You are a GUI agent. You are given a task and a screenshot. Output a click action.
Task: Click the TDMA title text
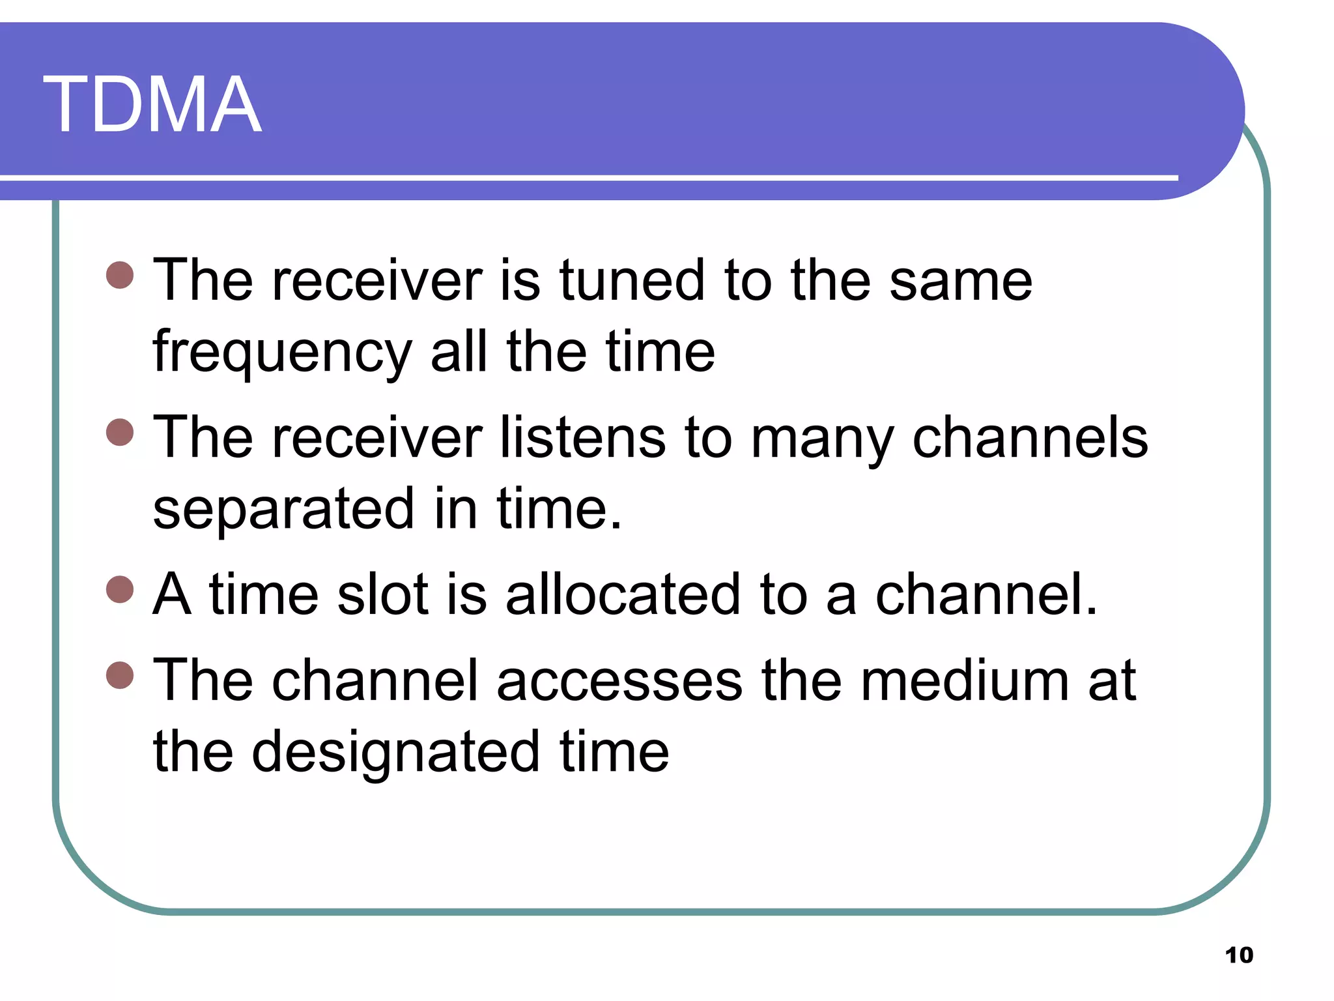coord(152,104)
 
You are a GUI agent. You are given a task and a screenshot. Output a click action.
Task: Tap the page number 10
coord(1239,955)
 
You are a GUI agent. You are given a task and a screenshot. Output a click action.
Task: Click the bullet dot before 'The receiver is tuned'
coord(120,275)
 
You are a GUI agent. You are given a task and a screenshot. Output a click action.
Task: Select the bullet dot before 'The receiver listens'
coord(120,432)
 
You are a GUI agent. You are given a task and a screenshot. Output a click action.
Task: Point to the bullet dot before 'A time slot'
coord(120,589)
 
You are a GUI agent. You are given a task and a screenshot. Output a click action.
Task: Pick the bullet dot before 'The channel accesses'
coord(120,675)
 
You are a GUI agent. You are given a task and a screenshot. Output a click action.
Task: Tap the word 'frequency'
coord(282,353)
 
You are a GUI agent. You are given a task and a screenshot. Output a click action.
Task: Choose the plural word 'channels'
coord(1030,437)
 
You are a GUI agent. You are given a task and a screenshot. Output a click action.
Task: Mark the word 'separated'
coord(283,510)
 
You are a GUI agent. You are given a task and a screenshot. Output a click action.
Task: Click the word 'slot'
coord(383,594)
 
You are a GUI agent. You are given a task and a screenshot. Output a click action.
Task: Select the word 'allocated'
coord(623,594)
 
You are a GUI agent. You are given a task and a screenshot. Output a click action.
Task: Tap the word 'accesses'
coord(619,682)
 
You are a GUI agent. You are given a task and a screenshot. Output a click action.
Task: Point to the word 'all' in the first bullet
coord(459,352)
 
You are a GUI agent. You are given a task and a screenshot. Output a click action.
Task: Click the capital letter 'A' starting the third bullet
coord(172,594)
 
